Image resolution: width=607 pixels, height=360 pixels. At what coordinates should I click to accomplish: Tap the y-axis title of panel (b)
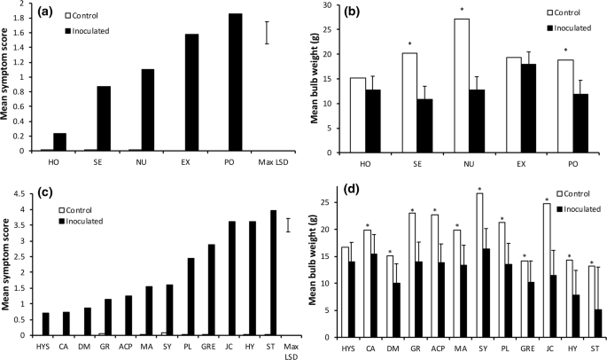(314, 78)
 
